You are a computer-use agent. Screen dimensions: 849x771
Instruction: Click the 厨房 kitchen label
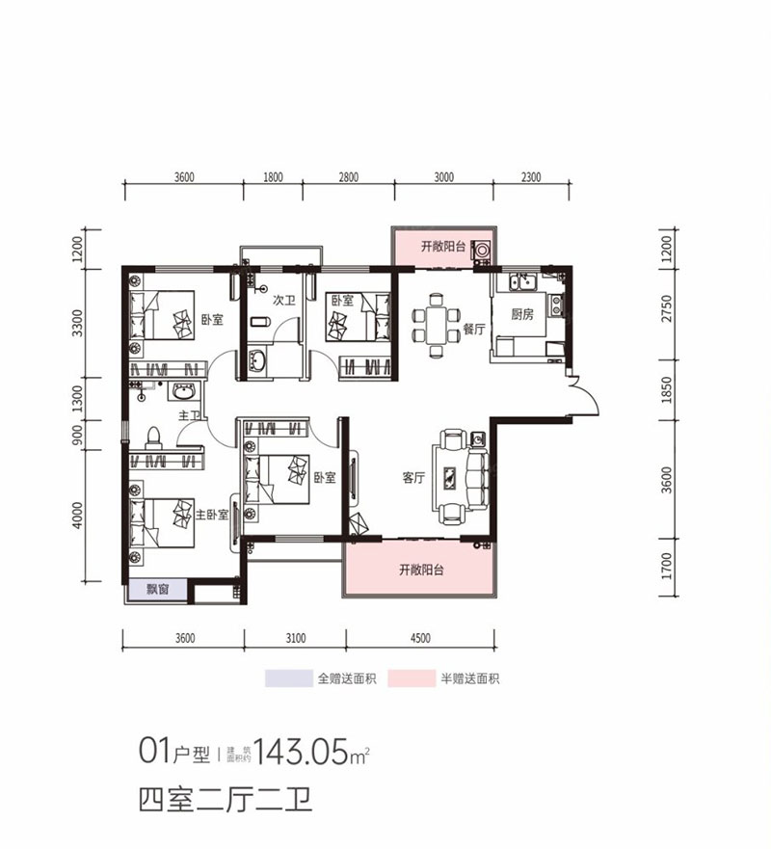point(523,314)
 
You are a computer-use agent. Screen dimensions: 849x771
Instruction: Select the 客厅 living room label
point(414,477)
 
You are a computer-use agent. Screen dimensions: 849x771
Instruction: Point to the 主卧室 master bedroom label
point(212,515)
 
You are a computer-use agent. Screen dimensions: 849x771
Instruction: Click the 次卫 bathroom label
point(282,301)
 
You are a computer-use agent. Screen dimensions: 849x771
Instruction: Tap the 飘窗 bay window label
point(158,591)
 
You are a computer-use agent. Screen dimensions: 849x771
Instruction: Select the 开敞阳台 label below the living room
point(421,570)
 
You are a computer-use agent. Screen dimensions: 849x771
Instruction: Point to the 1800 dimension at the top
point(273,177)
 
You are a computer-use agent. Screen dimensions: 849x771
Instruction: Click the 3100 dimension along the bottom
point(295,637)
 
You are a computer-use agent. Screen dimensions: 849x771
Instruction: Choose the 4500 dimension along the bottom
point(420,637)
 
